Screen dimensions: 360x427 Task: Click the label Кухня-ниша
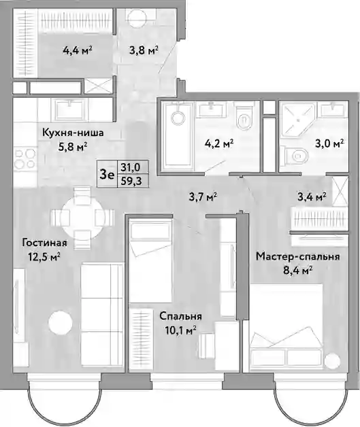(73, 133)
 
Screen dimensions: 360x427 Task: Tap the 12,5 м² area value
(44, 256)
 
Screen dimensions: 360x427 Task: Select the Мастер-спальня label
(298, 257)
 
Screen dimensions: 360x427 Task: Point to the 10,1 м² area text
(181, 330)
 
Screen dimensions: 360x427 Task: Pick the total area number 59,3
(131, 181)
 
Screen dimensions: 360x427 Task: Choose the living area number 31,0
(131, 167)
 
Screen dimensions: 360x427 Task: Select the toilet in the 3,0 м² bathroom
(294, 156)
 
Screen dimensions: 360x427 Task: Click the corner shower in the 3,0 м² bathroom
(298, 120)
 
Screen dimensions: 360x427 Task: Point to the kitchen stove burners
(24, 160)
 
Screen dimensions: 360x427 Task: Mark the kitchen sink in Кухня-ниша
(71, 109)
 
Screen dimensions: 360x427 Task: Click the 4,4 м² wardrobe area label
(78, 50)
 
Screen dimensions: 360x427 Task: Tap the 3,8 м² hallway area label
(144, 50)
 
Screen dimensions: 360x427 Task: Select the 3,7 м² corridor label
(203, 197)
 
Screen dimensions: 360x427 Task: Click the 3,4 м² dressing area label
(312, 197)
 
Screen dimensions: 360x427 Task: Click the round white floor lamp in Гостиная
(61, 323)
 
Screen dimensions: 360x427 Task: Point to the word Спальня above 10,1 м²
(180, 317)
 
